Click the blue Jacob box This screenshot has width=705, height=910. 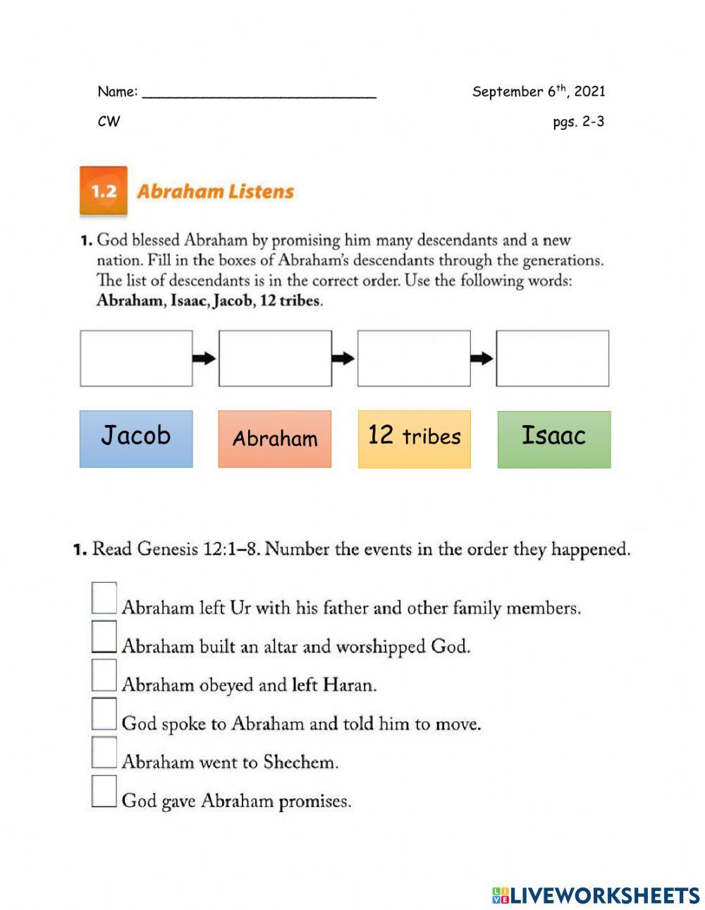(136, 438)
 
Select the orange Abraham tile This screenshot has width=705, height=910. (274, 438)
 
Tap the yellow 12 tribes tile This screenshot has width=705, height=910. (414, 438)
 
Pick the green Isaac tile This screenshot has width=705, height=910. (553, 438)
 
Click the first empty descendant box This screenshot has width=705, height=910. (136, 358)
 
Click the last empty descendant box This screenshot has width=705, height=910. (552, 358)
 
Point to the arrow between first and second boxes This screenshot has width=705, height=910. (204, 359)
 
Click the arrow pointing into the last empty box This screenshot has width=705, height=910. (482, 359)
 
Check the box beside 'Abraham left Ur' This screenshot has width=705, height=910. (104, 598)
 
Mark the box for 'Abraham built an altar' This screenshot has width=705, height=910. (104, 637)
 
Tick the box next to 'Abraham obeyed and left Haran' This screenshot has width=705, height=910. (104, 675)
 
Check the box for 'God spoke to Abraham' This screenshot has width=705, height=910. (104, 713)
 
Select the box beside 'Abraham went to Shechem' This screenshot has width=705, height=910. (104, 752)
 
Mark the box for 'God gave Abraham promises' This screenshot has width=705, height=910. (104, 791)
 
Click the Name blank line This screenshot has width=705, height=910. (259, 93)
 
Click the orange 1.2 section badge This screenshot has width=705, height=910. (104, 191)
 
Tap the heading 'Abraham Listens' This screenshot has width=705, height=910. (215, 192)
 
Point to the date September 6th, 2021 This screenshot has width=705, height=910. (539, 91)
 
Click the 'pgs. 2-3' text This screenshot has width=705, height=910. (578, 121)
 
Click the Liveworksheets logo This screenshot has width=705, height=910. (596, 895)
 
